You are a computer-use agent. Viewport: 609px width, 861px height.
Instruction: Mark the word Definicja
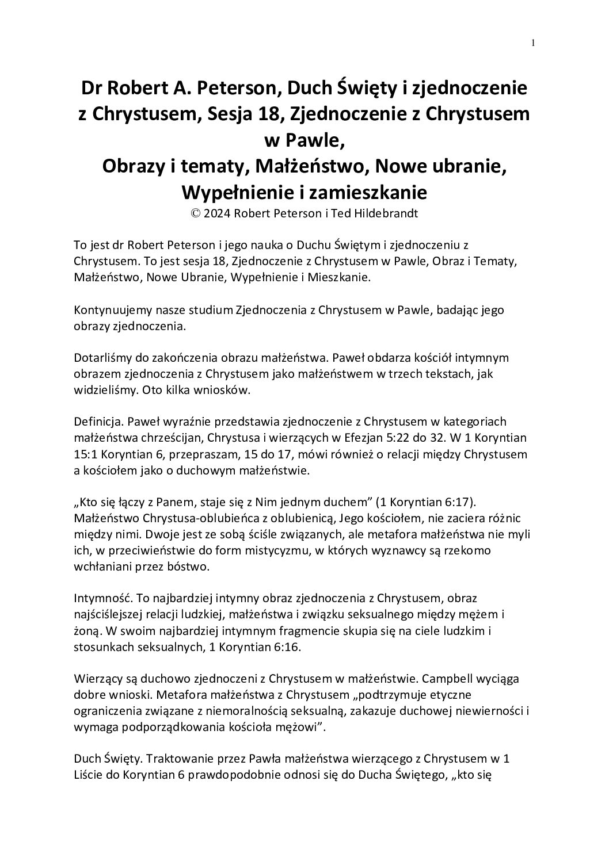[x=96, y=422]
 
